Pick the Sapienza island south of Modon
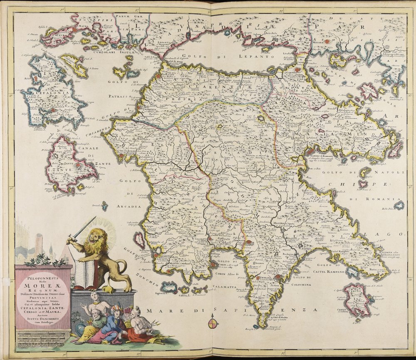(169, 287)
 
